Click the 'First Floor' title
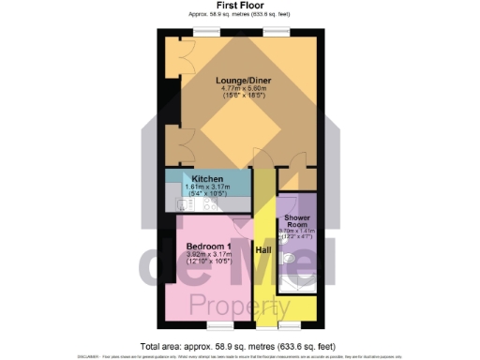click(239, 5)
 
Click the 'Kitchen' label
click(207, 178)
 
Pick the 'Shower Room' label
click(297, 221)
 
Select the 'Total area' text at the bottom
click(239, 343)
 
